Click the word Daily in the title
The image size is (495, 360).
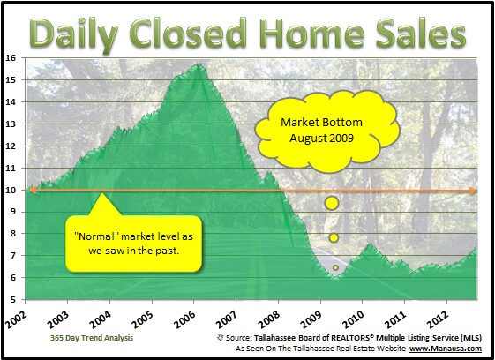(x=74, y=34)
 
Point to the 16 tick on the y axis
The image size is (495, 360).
(x=10, y=58)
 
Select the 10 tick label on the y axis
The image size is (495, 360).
(x=10, y=190)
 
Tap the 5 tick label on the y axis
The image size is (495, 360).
(x=12, y=299)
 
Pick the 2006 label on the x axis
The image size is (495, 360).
(x=184, y=318)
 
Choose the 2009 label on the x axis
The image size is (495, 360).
(x=311, y=318)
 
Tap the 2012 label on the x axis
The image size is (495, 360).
(x=438, y=318)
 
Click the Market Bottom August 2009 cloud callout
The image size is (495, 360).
(x=326, y=131)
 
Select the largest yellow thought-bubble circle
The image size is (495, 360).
(x=332, y=203)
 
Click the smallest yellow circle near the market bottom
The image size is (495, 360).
(x=335, y=267)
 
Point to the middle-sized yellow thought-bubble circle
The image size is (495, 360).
(x=334, y=237)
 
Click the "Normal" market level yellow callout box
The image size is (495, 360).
(x=133, y=244)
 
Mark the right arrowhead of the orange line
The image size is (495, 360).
(x=473, y=191)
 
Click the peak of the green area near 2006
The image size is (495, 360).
(x=199, y=64)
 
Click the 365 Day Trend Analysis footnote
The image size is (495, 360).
(x=92, y=338)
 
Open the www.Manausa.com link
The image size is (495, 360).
(x=446, y=349)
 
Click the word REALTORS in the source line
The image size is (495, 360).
(x=351, y=338)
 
